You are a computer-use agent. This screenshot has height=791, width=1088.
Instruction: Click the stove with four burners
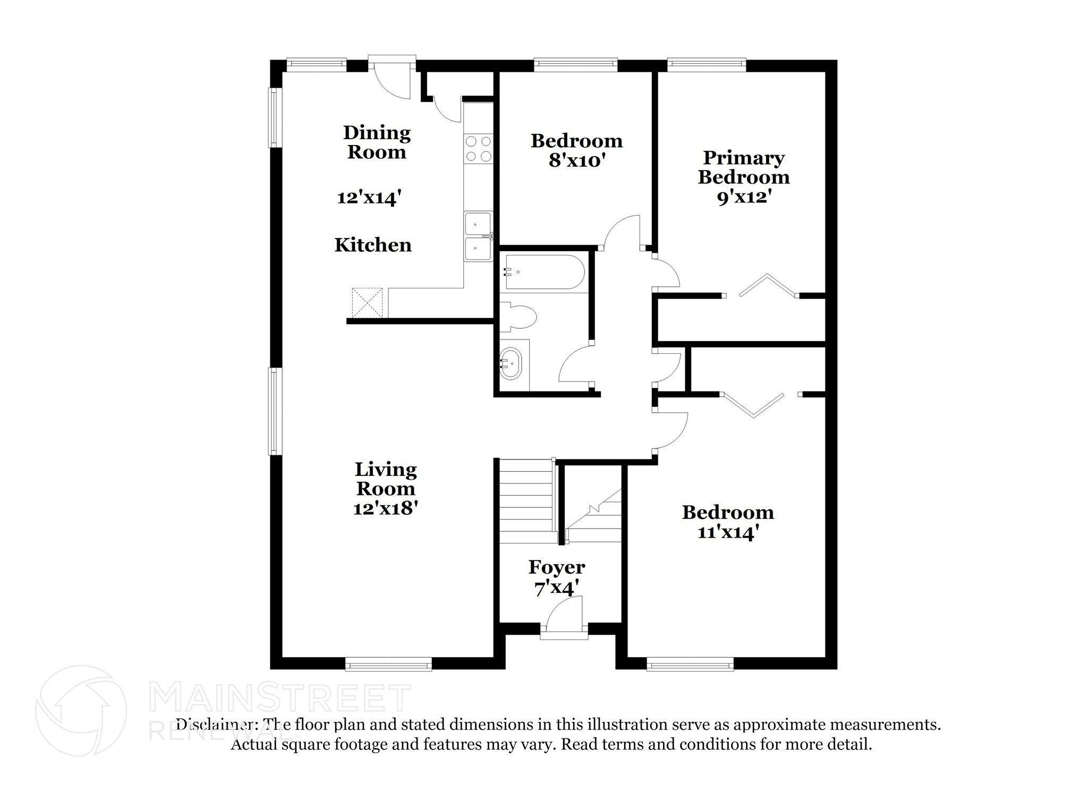tap(479, 149)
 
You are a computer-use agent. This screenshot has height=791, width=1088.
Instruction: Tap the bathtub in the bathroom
tap(545, 272)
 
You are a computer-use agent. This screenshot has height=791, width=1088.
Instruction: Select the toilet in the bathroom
tap(518, 318)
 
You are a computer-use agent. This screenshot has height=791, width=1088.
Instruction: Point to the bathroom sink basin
tap(512, 364)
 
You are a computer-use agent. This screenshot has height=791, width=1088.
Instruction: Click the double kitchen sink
tap(479, 236)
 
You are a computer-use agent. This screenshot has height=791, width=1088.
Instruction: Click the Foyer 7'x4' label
tap(556, 577)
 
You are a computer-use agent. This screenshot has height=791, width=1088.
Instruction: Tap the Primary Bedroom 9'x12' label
tap(743, 177)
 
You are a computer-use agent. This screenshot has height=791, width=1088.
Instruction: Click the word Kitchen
tap(373, 245)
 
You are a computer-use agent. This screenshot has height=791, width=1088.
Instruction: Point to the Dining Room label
tap(377, 142)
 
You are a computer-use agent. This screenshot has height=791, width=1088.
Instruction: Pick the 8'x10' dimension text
tap(577, 160)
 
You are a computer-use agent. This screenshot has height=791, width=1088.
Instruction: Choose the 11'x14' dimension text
tap(727, 532)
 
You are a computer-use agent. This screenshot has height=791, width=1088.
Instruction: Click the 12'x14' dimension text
tap(369, 198)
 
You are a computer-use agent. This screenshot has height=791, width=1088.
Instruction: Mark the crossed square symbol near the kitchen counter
tap(367, 303)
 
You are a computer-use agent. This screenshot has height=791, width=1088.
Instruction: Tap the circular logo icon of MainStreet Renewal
tap(81, 711)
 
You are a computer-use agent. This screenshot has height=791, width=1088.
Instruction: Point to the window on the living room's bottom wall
tap(388, 664)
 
